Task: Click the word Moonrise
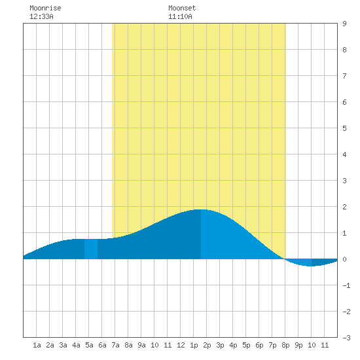(45, 8)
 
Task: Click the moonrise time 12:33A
(41, 16)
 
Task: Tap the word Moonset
(182, 8)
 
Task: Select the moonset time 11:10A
(180, 16)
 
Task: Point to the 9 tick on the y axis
(344, 24)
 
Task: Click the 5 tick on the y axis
(344, 128)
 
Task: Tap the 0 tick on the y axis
(344, 259)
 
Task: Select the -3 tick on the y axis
(346, 338)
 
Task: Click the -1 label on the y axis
(346, 285)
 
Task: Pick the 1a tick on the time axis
(37, 345)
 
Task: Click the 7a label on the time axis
(115, 345)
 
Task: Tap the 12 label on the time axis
(181, 345)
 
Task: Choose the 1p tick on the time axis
(194, 345)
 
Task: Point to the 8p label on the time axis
(285, 345)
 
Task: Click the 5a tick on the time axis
(89, 345)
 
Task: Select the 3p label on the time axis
(220, 345)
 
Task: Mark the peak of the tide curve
(201, 209)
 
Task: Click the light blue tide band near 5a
(91, 249)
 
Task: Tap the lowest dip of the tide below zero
(311, 266)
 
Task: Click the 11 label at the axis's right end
(325, 345)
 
